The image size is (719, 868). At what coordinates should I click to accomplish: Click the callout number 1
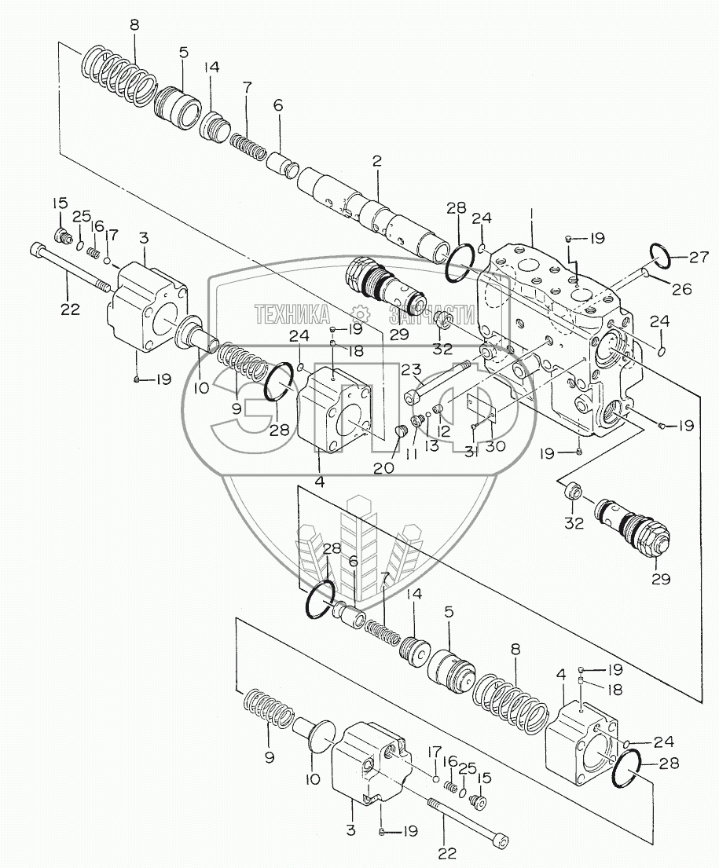[532, 214]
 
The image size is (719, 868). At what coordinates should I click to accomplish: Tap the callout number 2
[377, 163]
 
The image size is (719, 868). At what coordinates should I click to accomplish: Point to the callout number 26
[680, 288]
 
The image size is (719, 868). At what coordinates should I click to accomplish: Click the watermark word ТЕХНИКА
[292, 314]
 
